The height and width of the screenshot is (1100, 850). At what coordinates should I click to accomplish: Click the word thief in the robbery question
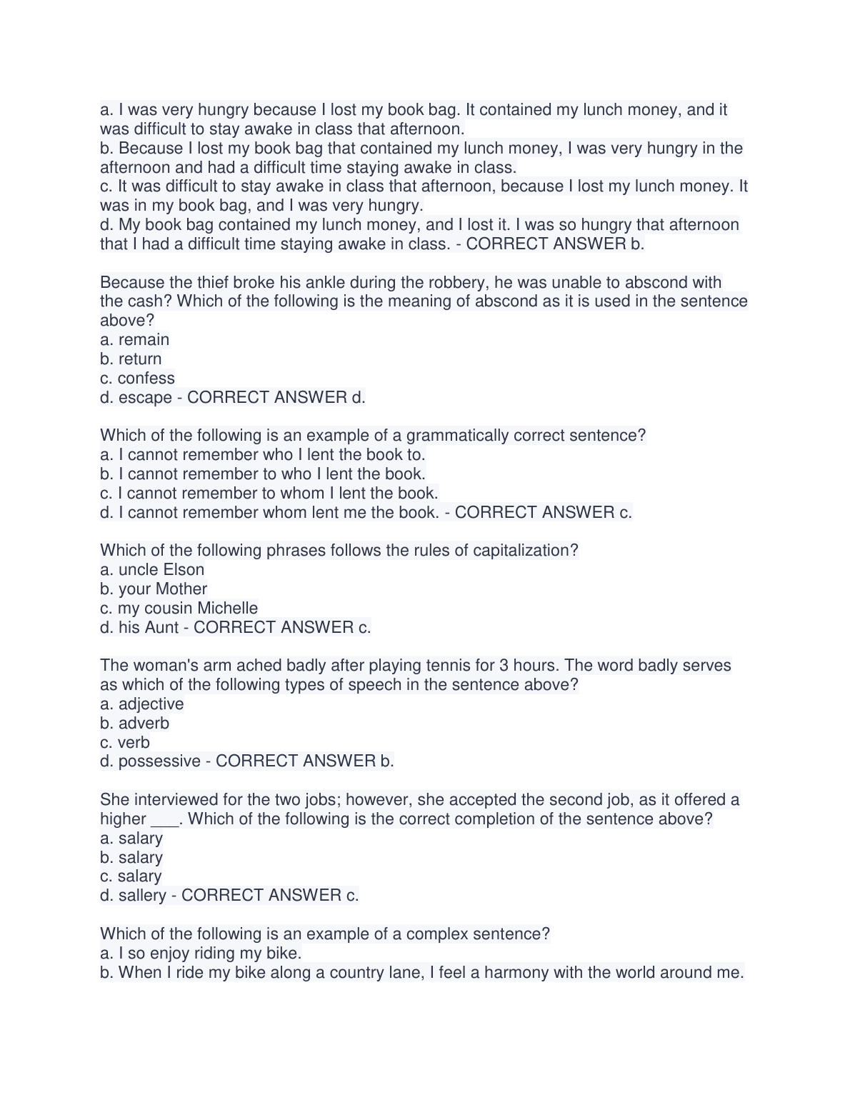pyautogui.click(x=211, y=282)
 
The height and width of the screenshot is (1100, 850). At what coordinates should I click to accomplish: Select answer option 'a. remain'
pyautogui.click(x=135, y=340)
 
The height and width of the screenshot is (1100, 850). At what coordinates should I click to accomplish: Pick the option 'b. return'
pyautogui.click(x=131, y=359)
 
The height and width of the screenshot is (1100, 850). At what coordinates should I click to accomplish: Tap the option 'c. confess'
pyautogui.click(x=138, y=379)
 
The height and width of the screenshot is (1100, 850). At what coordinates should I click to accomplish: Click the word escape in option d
pyautogui.click(x=146, y=398)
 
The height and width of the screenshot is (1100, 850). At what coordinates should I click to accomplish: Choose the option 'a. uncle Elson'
pyautogui.click(x=152, y=570)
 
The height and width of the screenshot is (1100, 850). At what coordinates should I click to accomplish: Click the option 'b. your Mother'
pyautogui.click(x=154, y=589)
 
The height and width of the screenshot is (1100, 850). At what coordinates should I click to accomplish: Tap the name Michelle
pyautogui.click(x=228, y=609)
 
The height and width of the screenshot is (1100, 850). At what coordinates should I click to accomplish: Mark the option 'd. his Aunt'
pyautogui.click(x=139, y=628)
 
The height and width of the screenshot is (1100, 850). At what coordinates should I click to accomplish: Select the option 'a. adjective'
pyautogui.click(x=142, y=704)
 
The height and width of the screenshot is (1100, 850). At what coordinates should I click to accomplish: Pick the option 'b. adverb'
pyautogui.click(x=135, y=724)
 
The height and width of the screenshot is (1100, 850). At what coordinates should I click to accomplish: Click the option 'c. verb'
pyautogui.click(x=125, y=743)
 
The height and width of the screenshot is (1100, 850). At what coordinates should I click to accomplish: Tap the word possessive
pyautogui.click(x=159, y=761)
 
